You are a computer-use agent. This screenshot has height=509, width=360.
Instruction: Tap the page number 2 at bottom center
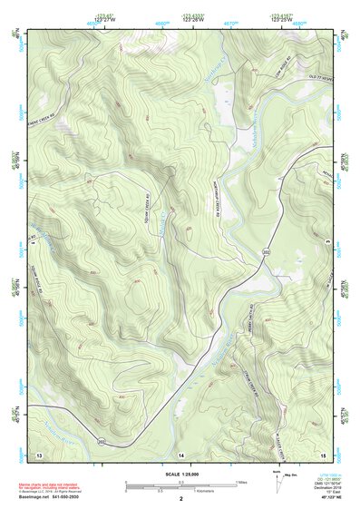pos(181,499)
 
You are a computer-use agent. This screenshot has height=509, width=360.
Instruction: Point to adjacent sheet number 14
pos(180,453)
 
